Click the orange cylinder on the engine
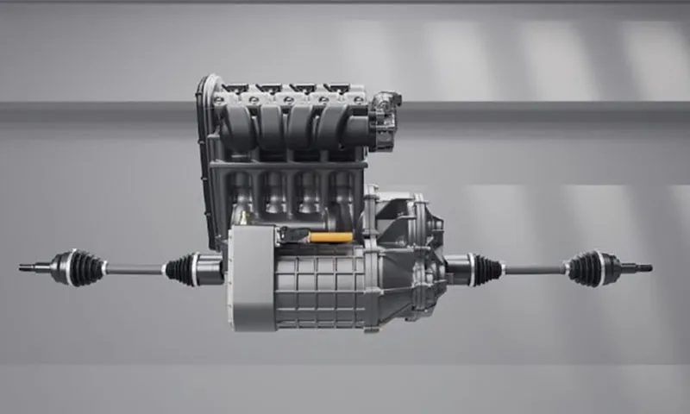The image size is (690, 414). click(330, 237)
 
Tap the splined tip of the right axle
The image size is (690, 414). click(643, 268)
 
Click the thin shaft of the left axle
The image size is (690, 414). click(134, 269)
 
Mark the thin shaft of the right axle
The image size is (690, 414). click(535, 269)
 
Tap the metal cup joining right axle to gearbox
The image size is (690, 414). click(457, 268)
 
